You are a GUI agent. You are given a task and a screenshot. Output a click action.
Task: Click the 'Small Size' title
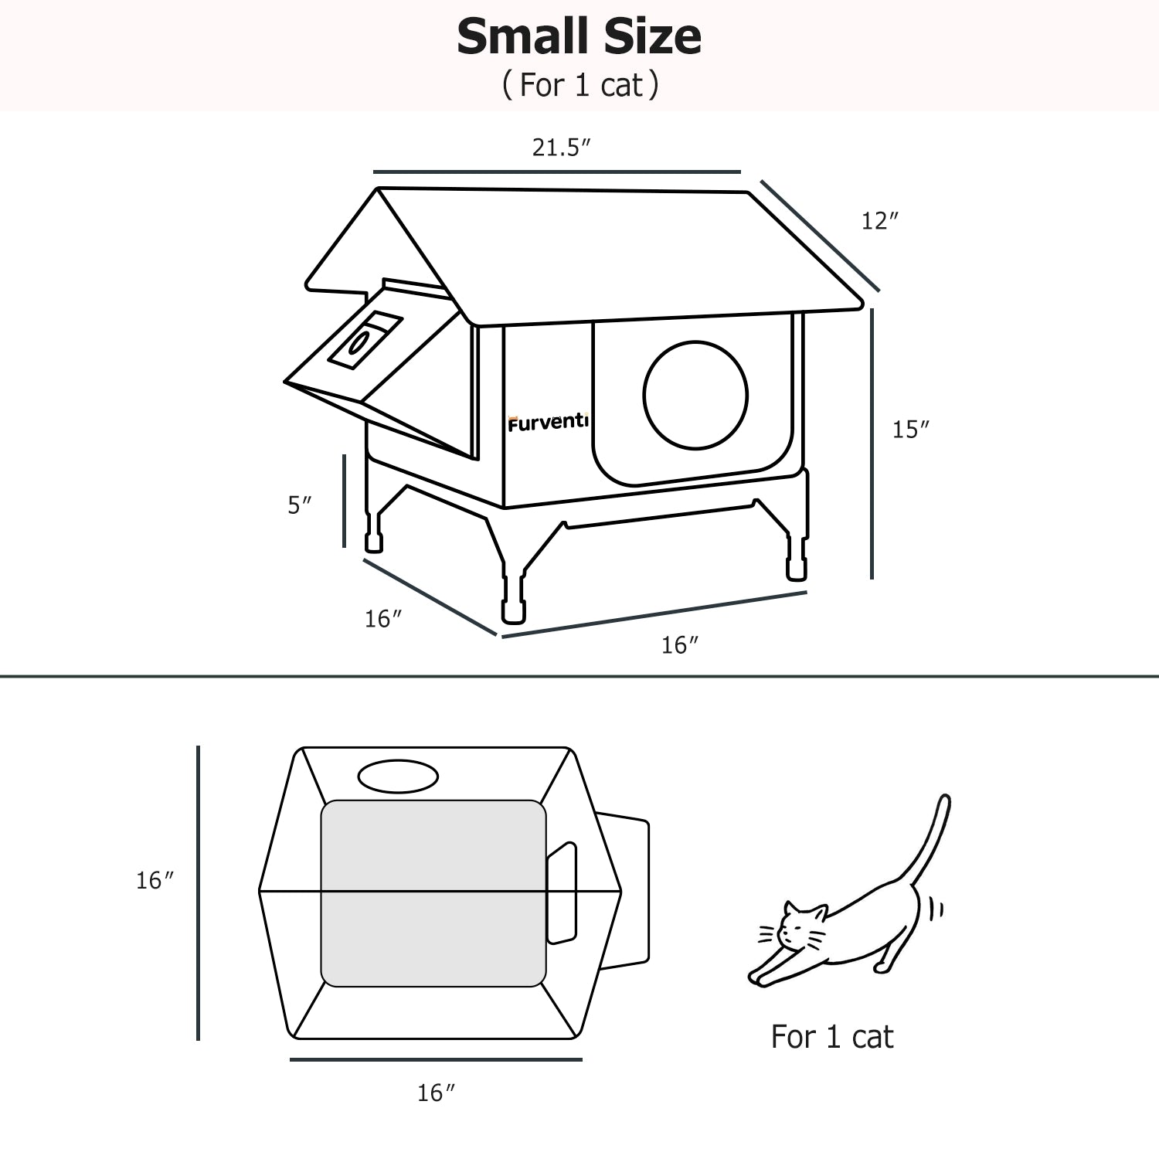pos(579,37)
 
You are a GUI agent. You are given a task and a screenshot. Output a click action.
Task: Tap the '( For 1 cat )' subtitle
pos(579,85)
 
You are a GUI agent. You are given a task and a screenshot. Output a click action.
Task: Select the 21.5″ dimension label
pos(562,147)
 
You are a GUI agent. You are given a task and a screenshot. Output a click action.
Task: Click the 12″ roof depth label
pos(880,221)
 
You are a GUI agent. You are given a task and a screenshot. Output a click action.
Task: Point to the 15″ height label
pos(911,430)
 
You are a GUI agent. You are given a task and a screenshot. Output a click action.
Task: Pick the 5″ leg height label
pos(300,505)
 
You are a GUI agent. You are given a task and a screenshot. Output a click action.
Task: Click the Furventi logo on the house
pos(548,423)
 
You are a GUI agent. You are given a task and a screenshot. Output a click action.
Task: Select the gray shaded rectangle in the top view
pos(433,893)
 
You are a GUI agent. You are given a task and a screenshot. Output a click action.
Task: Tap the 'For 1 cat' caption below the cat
pos(832,1037)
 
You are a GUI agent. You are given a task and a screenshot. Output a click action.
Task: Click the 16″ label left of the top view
pos(155,881)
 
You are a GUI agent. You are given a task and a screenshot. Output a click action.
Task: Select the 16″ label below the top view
pos(436,1093)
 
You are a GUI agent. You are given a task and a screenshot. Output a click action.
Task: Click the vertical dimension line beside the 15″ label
pos(872,444)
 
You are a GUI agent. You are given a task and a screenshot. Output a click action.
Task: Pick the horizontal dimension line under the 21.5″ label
pos(557,172)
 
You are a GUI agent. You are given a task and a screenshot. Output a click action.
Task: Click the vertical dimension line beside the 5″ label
pos(344,501)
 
